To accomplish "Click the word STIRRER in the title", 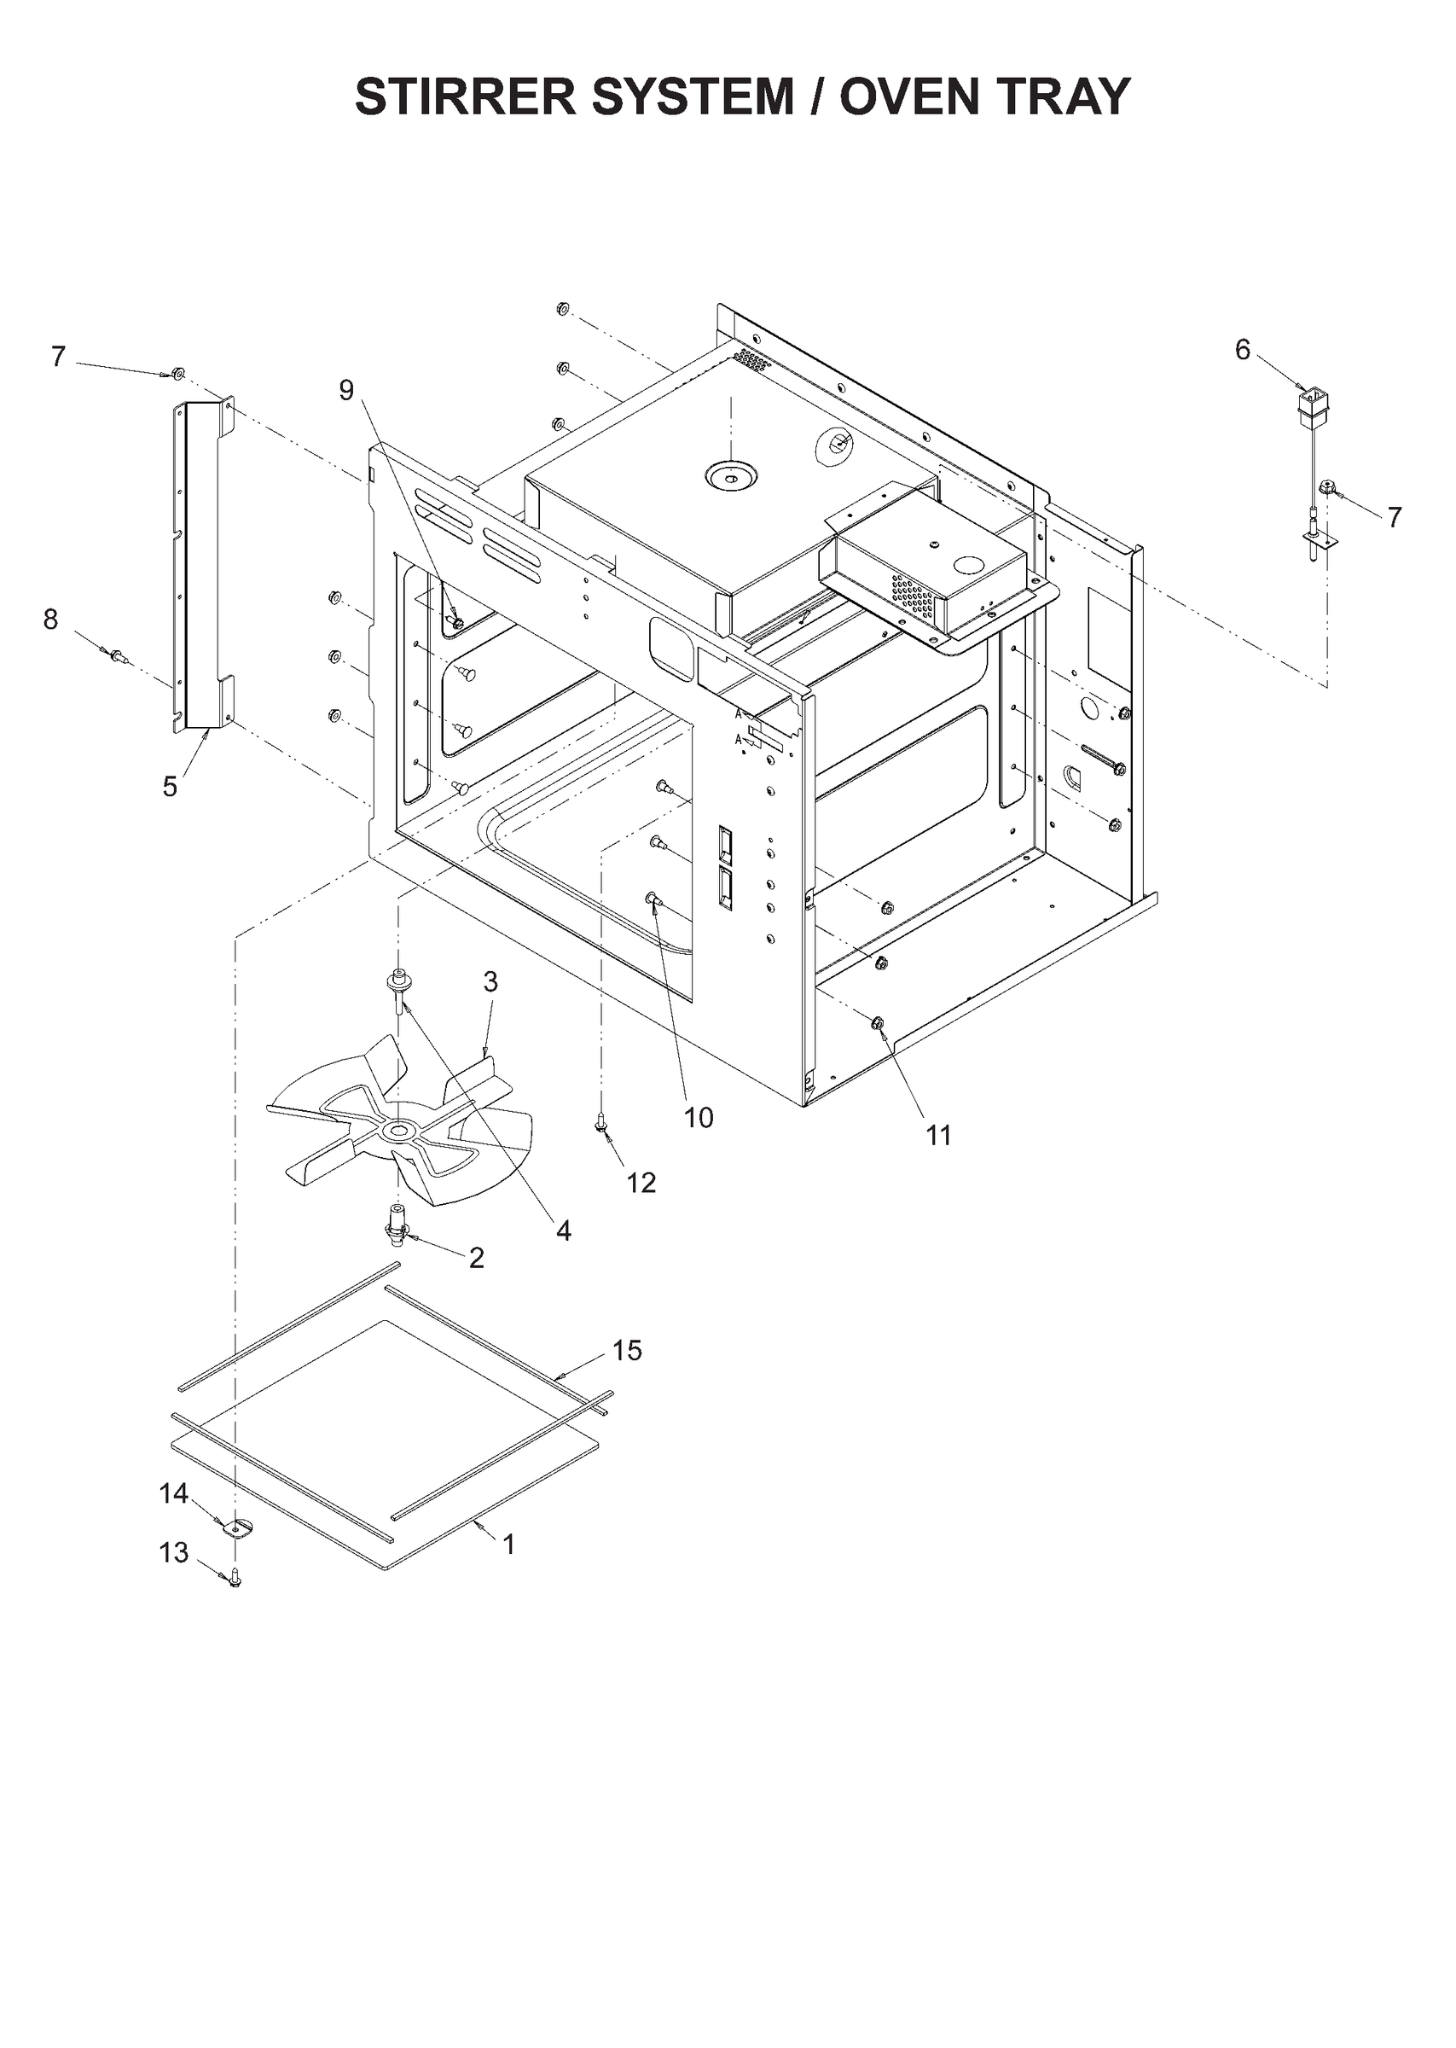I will coord(467,96).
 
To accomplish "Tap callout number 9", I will coord(346,391).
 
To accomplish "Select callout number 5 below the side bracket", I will coord(170,788).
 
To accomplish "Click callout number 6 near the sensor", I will coord(1242,350).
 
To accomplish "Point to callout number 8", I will coord(51,619).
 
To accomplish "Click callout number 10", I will coord(699,1117).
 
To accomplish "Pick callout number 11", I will coord(937,1135).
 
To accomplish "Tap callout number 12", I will coord(641,1183).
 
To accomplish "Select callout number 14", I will coord(174,1493).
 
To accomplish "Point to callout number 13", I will coord(174,1552).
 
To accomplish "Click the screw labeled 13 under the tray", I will coord(235,1576).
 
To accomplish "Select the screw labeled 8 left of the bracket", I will coord(117,655).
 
